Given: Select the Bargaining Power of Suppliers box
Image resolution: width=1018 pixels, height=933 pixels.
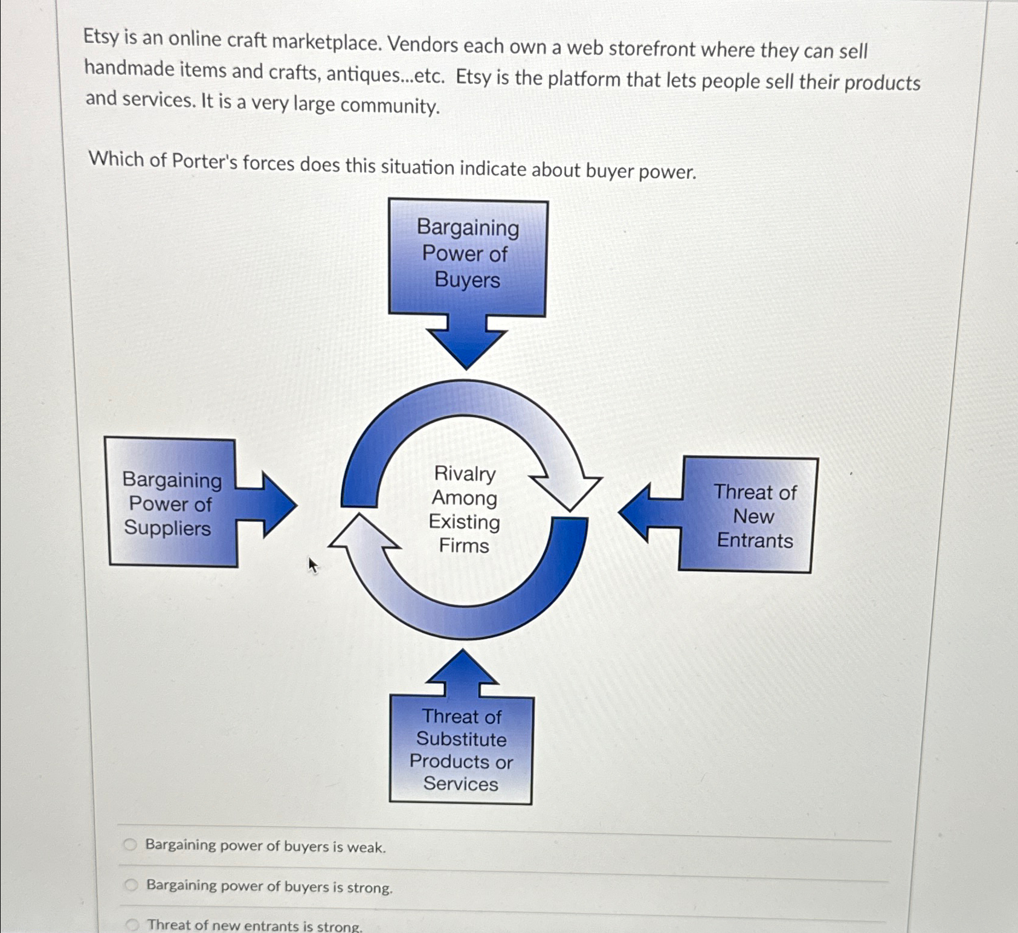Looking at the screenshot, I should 171,503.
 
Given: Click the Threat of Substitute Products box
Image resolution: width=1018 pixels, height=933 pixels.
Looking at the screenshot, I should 461,750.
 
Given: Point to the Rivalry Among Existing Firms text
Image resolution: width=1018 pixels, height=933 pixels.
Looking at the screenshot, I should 464,509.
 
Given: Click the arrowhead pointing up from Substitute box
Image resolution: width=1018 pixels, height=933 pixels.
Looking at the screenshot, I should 462,667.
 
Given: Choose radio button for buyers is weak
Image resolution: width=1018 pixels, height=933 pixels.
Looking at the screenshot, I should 130,845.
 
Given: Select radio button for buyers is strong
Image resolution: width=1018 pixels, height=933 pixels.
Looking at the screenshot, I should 131,885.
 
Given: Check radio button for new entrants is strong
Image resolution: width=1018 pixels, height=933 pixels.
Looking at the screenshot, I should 132,925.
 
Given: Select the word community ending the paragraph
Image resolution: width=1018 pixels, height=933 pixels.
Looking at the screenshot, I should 389,106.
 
